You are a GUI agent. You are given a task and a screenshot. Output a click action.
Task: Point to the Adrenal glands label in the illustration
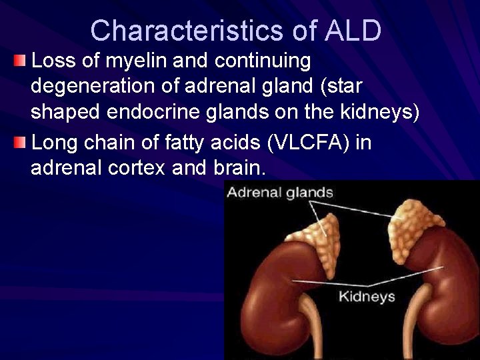(280, 193)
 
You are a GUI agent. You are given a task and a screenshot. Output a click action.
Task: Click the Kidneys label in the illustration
(367, 296)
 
